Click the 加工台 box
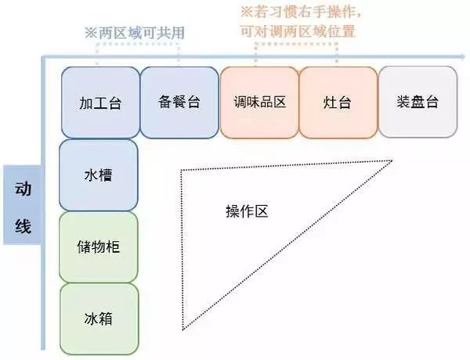coord(100,103)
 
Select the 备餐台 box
coord(179,103)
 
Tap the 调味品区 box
coord(259,103)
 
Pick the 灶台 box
coord(338,103)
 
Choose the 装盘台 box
coord(418,102)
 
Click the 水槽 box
coord(99,175)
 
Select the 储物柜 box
coord(99,247)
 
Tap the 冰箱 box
coord(99,319)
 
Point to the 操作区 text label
coord(247,211)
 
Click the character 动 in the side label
coord(23,189)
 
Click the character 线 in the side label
coord(23,226)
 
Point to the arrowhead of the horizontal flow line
coord(462,56)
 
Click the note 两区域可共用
coord(142,33)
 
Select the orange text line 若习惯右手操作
coord(308,12)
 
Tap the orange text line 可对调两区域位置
coord(298,31)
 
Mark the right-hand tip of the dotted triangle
coord(392,161)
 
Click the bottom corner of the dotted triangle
coord(183,330)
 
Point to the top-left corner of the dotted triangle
coord(181,171)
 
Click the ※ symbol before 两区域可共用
coord(91,33)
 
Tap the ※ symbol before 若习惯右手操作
coord(247,13)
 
